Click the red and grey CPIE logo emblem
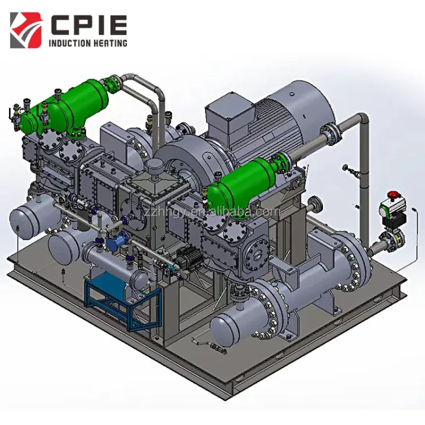coord(26,30)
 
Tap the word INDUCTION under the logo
coord(69,43)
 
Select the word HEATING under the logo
coord(110,43)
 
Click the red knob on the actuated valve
coord(392,194)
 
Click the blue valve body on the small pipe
coord(113,243)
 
